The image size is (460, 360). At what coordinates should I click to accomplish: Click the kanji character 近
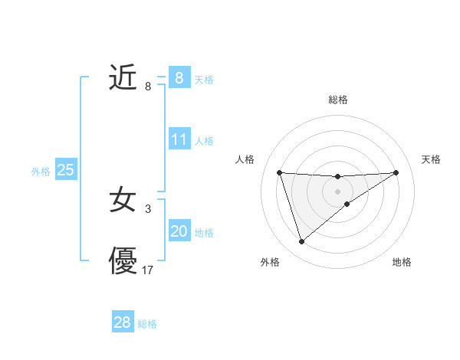[123, 78]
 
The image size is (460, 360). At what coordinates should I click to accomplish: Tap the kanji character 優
[123, 261]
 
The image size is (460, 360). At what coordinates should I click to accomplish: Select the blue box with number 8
[179, 78]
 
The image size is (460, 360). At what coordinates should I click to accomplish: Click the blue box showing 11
[179, 140]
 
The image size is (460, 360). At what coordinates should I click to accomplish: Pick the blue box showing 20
[179, 231]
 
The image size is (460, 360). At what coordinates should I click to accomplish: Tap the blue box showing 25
[65, 171]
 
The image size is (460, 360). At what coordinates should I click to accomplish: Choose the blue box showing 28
[123, 322]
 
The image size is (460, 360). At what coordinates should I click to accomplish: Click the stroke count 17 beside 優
[148, 270]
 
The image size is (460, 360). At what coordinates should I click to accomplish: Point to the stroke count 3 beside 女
[148, 208]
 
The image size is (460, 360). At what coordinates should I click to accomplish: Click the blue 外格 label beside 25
[41, 172]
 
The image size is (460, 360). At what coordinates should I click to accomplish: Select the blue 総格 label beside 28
[147, 324]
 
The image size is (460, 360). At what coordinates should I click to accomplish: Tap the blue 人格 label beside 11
[204, 141]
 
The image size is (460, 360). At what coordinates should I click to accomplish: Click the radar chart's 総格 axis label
[337, 100]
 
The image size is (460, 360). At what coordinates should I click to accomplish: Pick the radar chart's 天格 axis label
[431, 159]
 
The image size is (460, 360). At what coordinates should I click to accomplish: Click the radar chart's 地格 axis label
[402, 262]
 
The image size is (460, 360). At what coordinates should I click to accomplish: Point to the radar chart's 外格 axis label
[270, 262]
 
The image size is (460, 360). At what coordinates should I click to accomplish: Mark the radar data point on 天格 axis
[396, 172]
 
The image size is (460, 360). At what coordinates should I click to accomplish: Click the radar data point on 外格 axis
[302, 242]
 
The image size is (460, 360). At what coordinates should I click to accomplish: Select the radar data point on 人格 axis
[280, 172]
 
